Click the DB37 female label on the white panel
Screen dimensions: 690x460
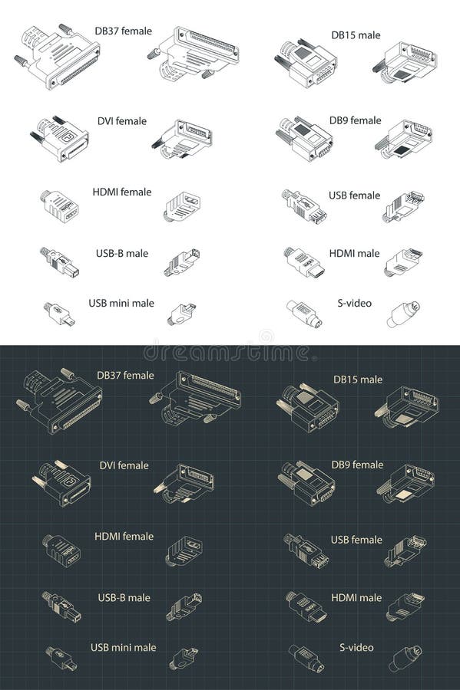click(123, 31)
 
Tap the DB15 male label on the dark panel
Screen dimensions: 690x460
click(357, 379)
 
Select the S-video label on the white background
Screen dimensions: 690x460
click(355, 303)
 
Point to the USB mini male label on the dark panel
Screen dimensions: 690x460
click(123, 648)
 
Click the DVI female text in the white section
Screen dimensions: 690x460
click(121, 121)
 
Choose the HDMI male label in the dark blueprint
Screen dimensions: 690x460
click(356, 598)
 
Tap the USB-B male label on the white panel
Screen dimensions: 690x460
click(122, 254)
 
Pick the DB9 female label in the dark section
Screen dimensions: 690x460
click(356, 465)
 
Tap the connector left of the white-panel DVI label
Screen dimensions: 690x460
click(61, 137)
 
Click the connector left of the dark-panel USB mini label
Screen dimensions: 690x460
click(61, 658)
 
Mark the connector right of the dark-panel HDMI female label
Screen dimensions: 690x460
click(184, 550)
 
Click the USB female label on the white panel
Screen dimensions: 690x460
click(354, 195)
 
